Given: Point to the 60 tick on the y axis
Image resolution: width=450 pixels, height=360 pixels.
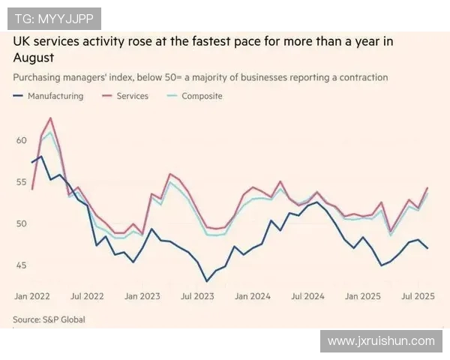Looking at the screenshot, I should [x=20, y=140].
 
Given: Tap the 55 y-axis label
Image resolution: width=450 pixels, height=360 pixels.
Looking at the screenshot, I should [x=20, y=182].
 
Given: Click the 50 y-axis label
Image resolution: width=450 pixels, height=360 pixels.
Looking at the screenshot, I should [x=20, y=224].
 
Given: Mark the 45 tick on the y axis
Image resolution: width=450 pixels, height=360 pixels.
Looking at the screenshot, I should [x=20, y=265].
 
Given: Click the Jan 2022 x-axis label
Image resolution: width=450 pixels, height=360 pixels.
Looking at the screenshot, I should [x=32, y=296].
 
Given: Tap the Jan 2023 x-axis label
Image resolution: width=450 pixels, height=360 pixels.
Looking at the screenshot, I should [x=142, y=296].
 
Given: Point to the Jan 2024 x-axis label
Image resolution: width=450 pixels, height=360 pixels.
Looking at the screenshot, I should [x=253, y=296].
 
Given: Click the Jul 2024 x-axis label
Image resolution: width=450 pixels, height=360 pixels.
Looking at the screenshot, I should [x=307, y=296].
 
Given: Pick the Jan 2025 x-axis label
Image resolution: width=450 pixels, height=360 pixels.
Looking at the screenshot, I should [x=363, y=296].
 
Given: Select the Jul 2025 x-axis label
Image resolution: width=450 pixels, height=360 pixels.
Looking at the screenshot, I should [x=417, y=296].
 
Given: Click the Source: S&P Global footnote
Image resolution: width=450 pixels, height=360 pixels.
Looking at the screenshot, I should [x=49, y=319].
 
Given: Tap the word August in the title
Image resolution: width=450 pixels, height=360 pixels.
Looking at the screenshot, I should [x=32, y=57].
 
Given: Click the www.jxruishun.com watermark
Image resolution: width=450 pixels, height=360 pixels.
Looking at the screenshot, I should [x=381, y=341].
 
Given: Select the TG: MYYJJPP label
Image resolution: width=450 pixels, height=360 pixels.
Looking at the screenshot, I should [x=54, y=19].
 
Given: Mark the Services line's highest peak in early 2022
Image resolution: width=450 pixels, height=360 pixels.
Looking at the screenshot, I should [x=50, y=118].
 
